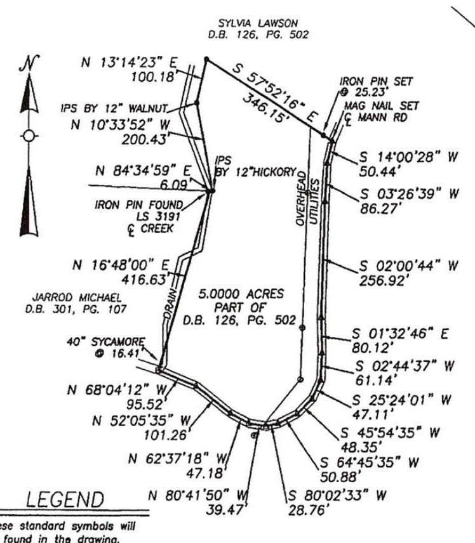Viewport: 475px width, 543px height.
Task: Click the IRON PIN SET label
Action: coord(377,81)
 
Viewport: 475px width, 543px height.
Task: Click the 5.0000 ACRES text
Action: coord(241,294)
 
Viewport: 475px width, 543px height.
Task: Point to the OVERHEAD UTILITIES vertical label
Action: coord(307,197)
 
